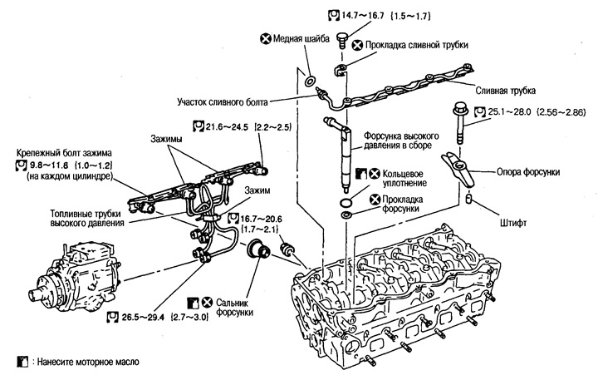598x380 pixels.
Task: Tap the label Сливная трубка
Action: click(504, 89)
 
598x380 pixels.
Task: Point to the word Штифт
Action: click(502, 223)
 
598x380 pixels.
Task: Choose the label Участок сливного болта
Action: click(233, 103)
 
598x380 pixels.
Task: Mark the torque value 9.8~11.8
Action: click(56, 166)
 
